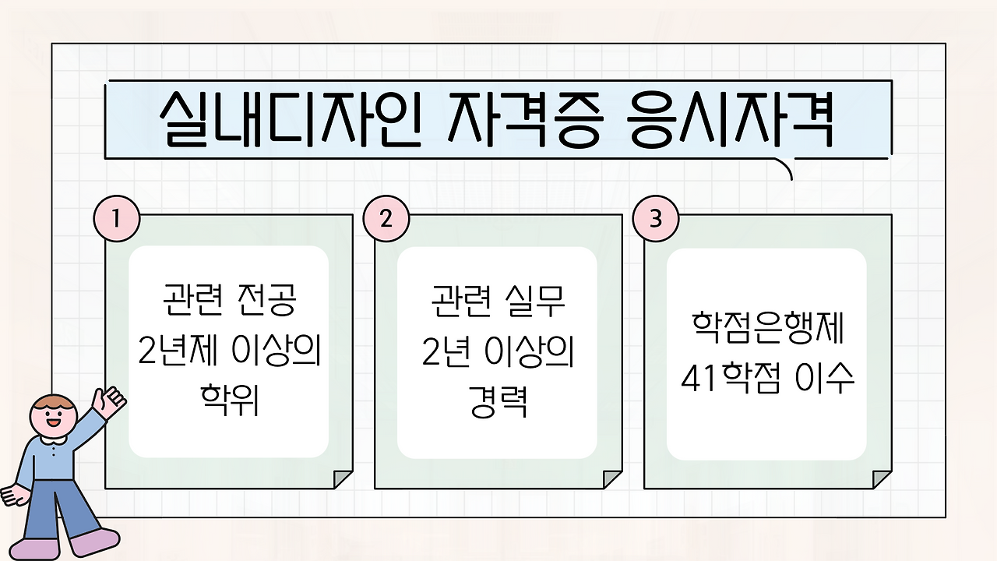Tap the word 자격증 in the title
[525, 119]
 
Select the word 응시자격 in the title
[729, 119]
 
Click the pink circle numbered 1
[117, 219]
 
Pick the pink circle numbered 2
[386, 219]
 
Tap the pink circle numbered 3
[656, 219]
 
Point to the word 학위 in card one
[230, 400]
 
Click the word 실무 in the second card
[535, 301]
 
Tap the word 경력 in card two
[498, 400]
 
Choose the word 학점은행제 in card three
[768, 328]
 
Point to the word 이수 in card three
[825, 378]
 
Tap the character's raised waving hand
[108, 402]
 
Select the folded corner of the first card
[343, 479]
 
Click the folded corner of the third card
[883, 479]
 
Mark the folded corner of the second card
[612, 479]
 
